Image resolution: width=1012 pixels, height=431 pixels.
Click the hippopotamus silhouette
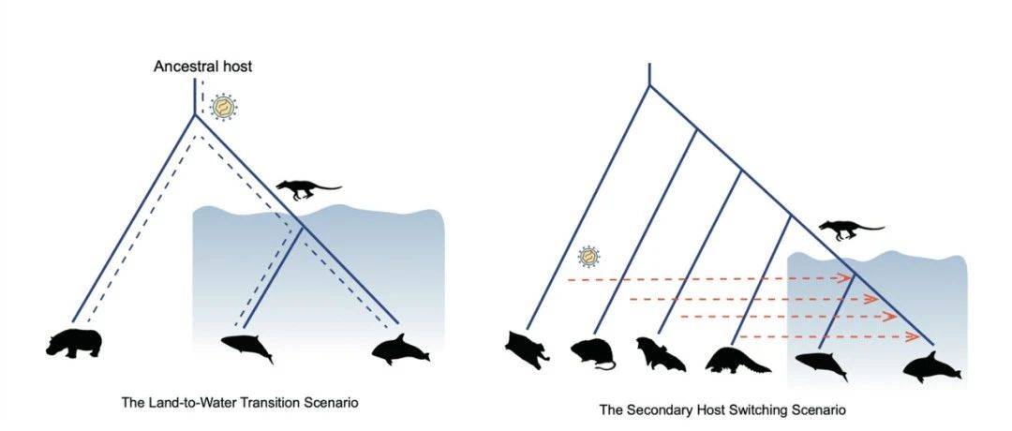74,343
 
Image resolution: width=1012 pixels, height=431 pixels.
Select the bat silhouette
659,354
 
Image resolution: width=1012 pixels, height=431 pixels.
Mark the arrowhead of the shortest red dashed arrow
912,336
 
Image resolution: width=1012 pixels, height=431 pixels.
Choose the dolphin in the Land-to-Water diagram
400,349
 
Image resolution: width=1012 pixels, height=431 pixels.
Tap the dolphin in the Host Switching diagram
931,367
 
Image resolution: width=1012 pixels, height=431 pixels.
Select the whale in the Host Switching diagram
820,365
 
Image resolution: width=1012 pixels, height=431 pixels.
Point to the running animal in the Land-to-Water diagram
307,189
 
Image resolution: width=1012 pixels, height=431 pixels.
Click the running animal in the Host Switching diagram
851,230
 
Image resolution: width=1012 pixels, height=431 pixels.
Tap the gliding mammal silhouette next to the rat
528,350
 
